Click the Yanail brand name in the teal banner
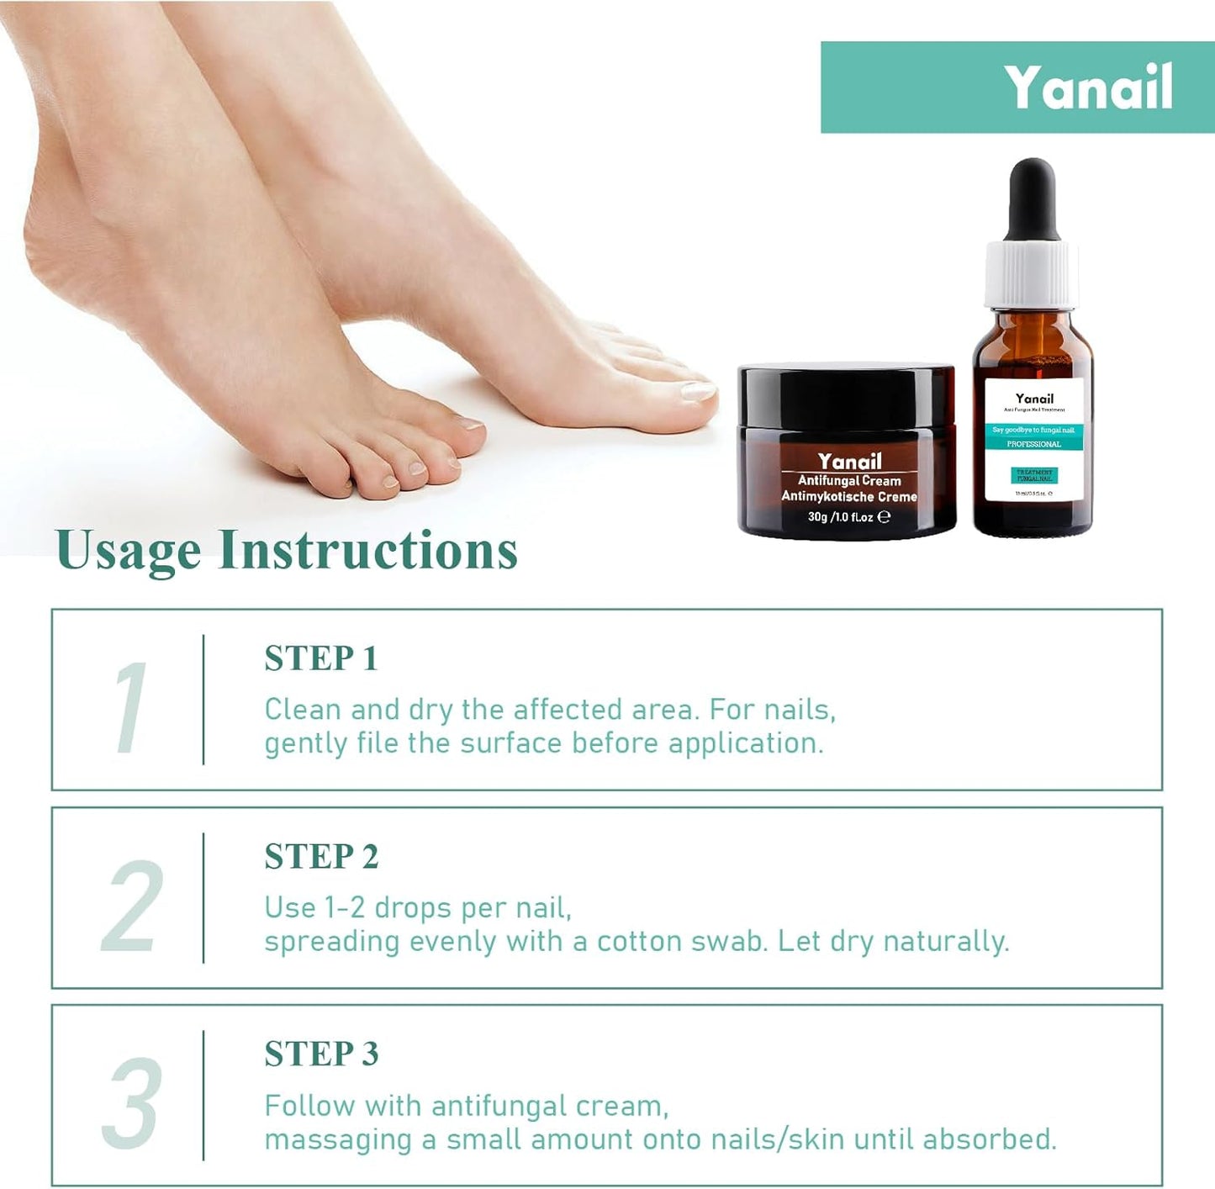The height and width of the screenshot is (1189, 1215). [1088, 87]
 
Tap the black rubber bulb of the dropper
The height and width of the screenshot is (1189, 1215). [1032, 198]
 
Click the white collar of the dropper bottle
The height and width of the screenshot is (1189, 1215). [1032, 273]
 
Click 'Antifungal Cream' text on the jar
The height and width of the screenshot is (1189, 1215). [849, 481]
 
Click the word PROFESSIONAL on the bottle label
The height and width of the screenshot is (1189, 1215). [1033, 444]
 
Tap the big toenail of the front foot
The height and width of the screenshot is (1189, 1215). [697, 390]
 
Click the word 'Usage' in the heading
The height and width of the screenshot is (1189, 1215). [128, 551]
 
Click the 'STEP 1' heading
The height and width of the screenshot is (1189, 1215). [321, 658]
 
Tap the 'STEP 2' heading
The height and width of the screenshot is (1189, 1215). [321, 857]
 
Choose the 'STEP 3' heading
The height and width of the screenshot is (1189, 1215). [321, 1054]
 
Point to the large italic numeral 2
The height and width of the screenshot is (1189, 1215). [132, 906]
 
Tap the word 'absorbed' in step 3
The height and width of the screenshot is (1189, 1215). [988, 1139]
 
